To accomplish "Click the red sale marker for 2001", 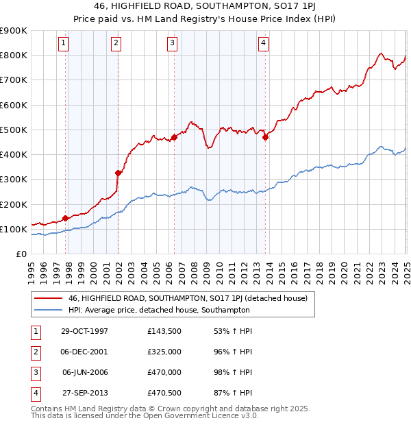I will point(118,173).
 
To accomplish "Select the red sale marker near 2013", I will point(265,137).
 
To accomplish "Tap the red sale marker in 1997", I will point(66,218).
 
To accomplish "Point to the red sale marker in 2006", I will point(174,137).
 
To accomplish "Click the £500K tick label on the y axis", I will point(13,130).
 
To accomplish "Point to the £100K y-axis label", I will point(13,229).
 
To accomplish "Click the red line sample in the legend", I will point(49,298).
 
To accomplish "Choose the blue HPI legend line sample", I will point(49,310).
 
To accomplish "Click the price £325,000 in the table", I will point(164,352).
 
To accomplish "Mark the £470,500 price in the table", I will point(164,393).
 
